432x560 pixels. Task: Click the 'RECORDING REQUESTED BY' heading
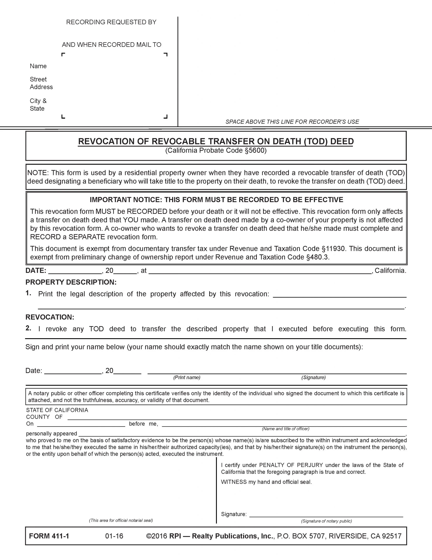(x=111, y=22)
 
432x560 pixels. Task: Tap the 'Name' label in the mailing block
(x=38, y=66)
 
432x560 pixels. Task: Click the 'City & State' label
(x=38, y=105)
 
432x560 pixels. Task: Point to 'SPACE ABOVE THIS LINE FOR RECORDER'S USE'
(x=292, y=122)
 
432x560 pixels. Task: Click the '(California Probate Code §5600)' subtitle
(x=216, y=150)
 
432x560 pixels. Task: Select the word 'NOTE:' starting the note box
(x=38, y=173)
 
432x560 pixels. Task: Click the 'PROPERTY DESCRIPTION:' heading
(x=71, y=282)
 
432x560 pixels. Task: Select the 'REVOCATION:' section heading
(x=50, y=317)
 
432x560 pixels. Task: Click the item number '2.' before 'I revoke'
(x=28, y=329)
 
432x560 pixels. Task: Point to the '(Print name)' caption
(x=187, y=377)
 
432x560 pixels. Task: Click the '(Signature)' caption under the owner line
(x=313, y=377)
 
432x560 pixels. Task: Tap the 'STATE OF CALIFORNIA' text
(x=57, y=410)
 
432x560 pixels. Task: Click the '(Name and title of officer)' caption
(x=285, y=429)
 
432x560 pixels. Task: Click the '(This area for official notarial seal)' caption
(x=121, y=520)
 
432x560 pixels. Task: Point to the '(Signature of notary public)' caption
(x=327, y=521)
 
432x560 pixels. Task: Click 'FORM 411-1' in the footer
(x=49, y=536)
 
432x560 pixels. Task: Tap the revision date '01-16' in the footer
(x=114, y=536)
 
